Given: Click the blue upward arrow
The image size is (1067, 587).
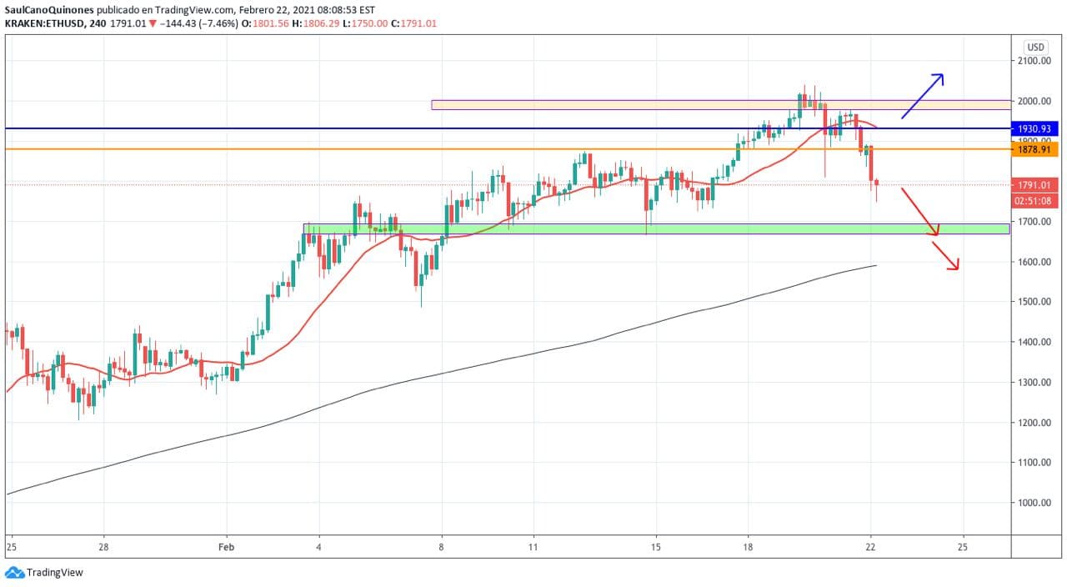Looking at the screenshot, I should [x=923, y=96].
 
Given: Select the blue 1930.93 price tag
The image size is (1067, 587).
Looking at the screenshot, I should [x=1035, y=128].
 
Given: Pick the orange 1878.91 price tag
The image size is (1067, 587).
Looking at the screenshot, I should [x=1035, y=149].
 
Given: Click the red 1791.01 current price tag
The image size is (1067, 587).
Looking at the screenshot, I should [x=1035, y=185].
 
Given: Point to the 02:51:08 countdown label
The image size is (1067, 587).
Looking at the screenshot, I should [x=1035, y=201].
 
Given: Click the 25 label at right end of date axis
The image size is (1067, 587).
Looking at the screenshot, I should [x=963, y=548].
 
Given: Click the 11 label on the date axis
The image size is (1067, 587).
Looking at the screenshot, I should [x=533, y=548].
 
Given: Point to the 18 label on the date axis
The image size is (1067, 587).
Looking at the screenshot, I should [x=748, y=548].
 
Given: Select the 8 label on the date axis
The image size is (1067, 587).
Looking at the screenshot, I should [x=442, y=548].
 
